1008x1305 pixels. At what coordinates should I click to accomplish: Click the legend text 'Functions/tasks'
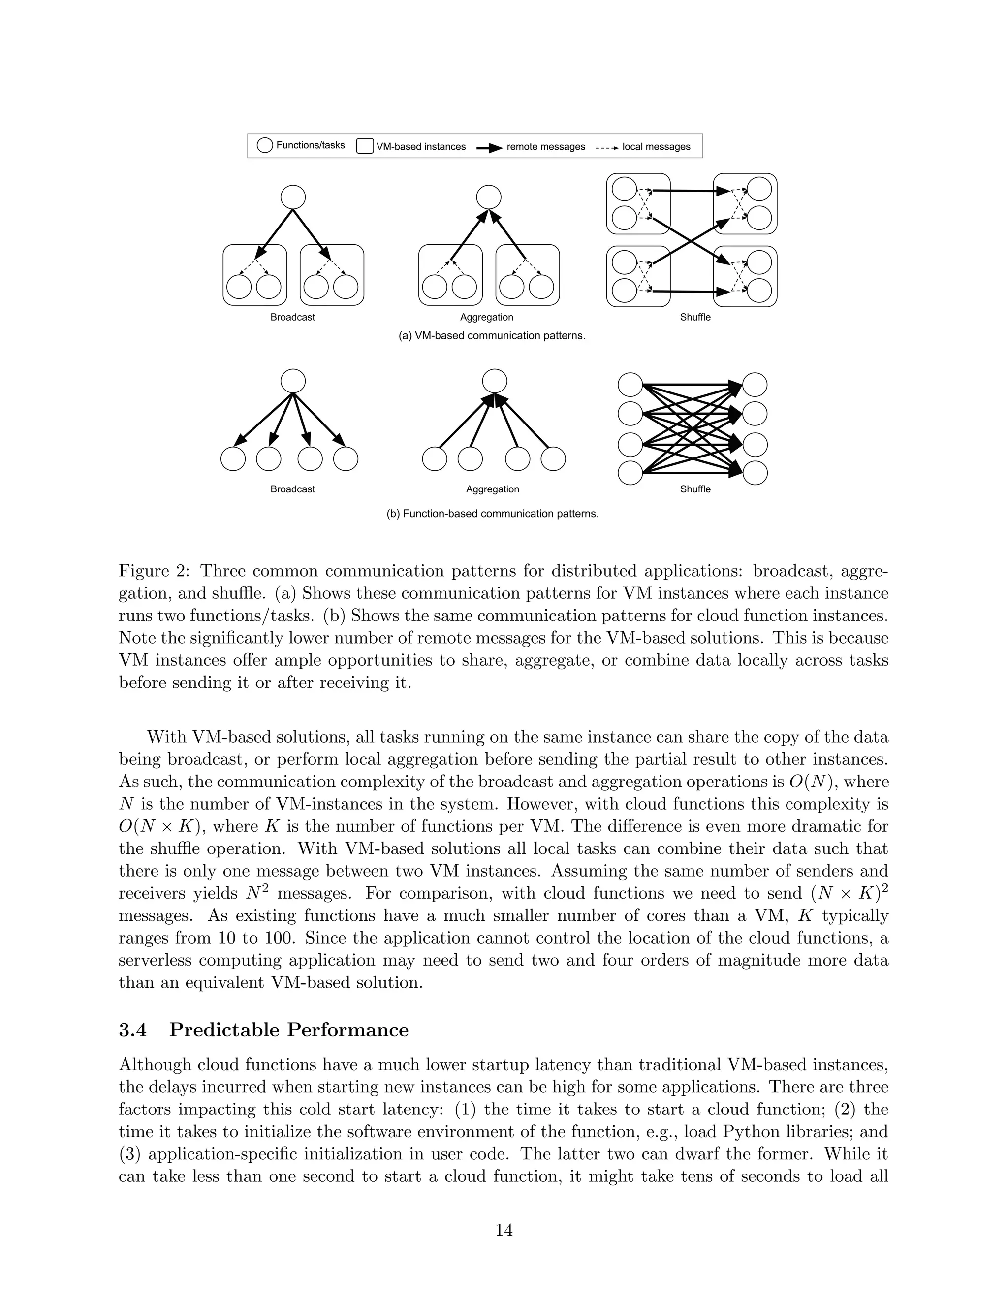click(x=310, y=145)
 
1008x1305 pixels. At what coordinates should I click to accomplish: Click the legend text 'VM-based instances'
click(x=420, y=146)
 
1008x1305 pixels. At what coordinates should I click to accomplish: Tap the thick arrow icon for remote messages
click(x=488, y=147)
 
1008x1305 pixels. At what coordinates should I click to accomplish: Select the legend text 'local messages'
click(x=656, y=146)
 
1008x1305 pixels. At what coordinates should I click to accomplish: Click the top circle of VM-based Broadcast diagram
click(x=293, y=196)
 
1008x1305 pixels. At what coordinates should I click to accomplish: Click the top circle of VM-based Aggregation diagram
click(x=488, y=196)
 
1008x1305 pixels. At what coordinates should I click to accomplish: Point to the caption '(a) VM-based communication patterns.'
click(x=492, y=336)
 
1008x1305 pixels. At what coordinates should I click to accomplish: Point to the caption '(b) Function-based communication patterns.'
click(x=492, y=514)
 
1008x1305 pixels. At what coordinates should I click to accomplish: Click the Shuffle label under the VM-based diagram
click(x=695, y=317)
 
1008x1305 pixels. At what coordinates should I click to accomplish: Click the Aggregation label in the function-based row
click(x=492, y=489)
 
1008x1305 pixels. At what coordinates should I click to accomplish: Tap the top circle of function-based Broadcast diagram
click(x=293, y=381)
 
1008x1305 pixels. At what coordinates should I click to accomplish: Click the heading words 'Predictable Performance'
click(x=288, y=1030)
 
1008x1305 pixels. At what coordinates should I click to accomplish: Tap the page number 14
click(x=504, y=1230)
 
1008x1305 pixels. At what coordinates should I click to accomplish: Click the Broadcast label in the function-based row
click(x=293, y=489)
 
